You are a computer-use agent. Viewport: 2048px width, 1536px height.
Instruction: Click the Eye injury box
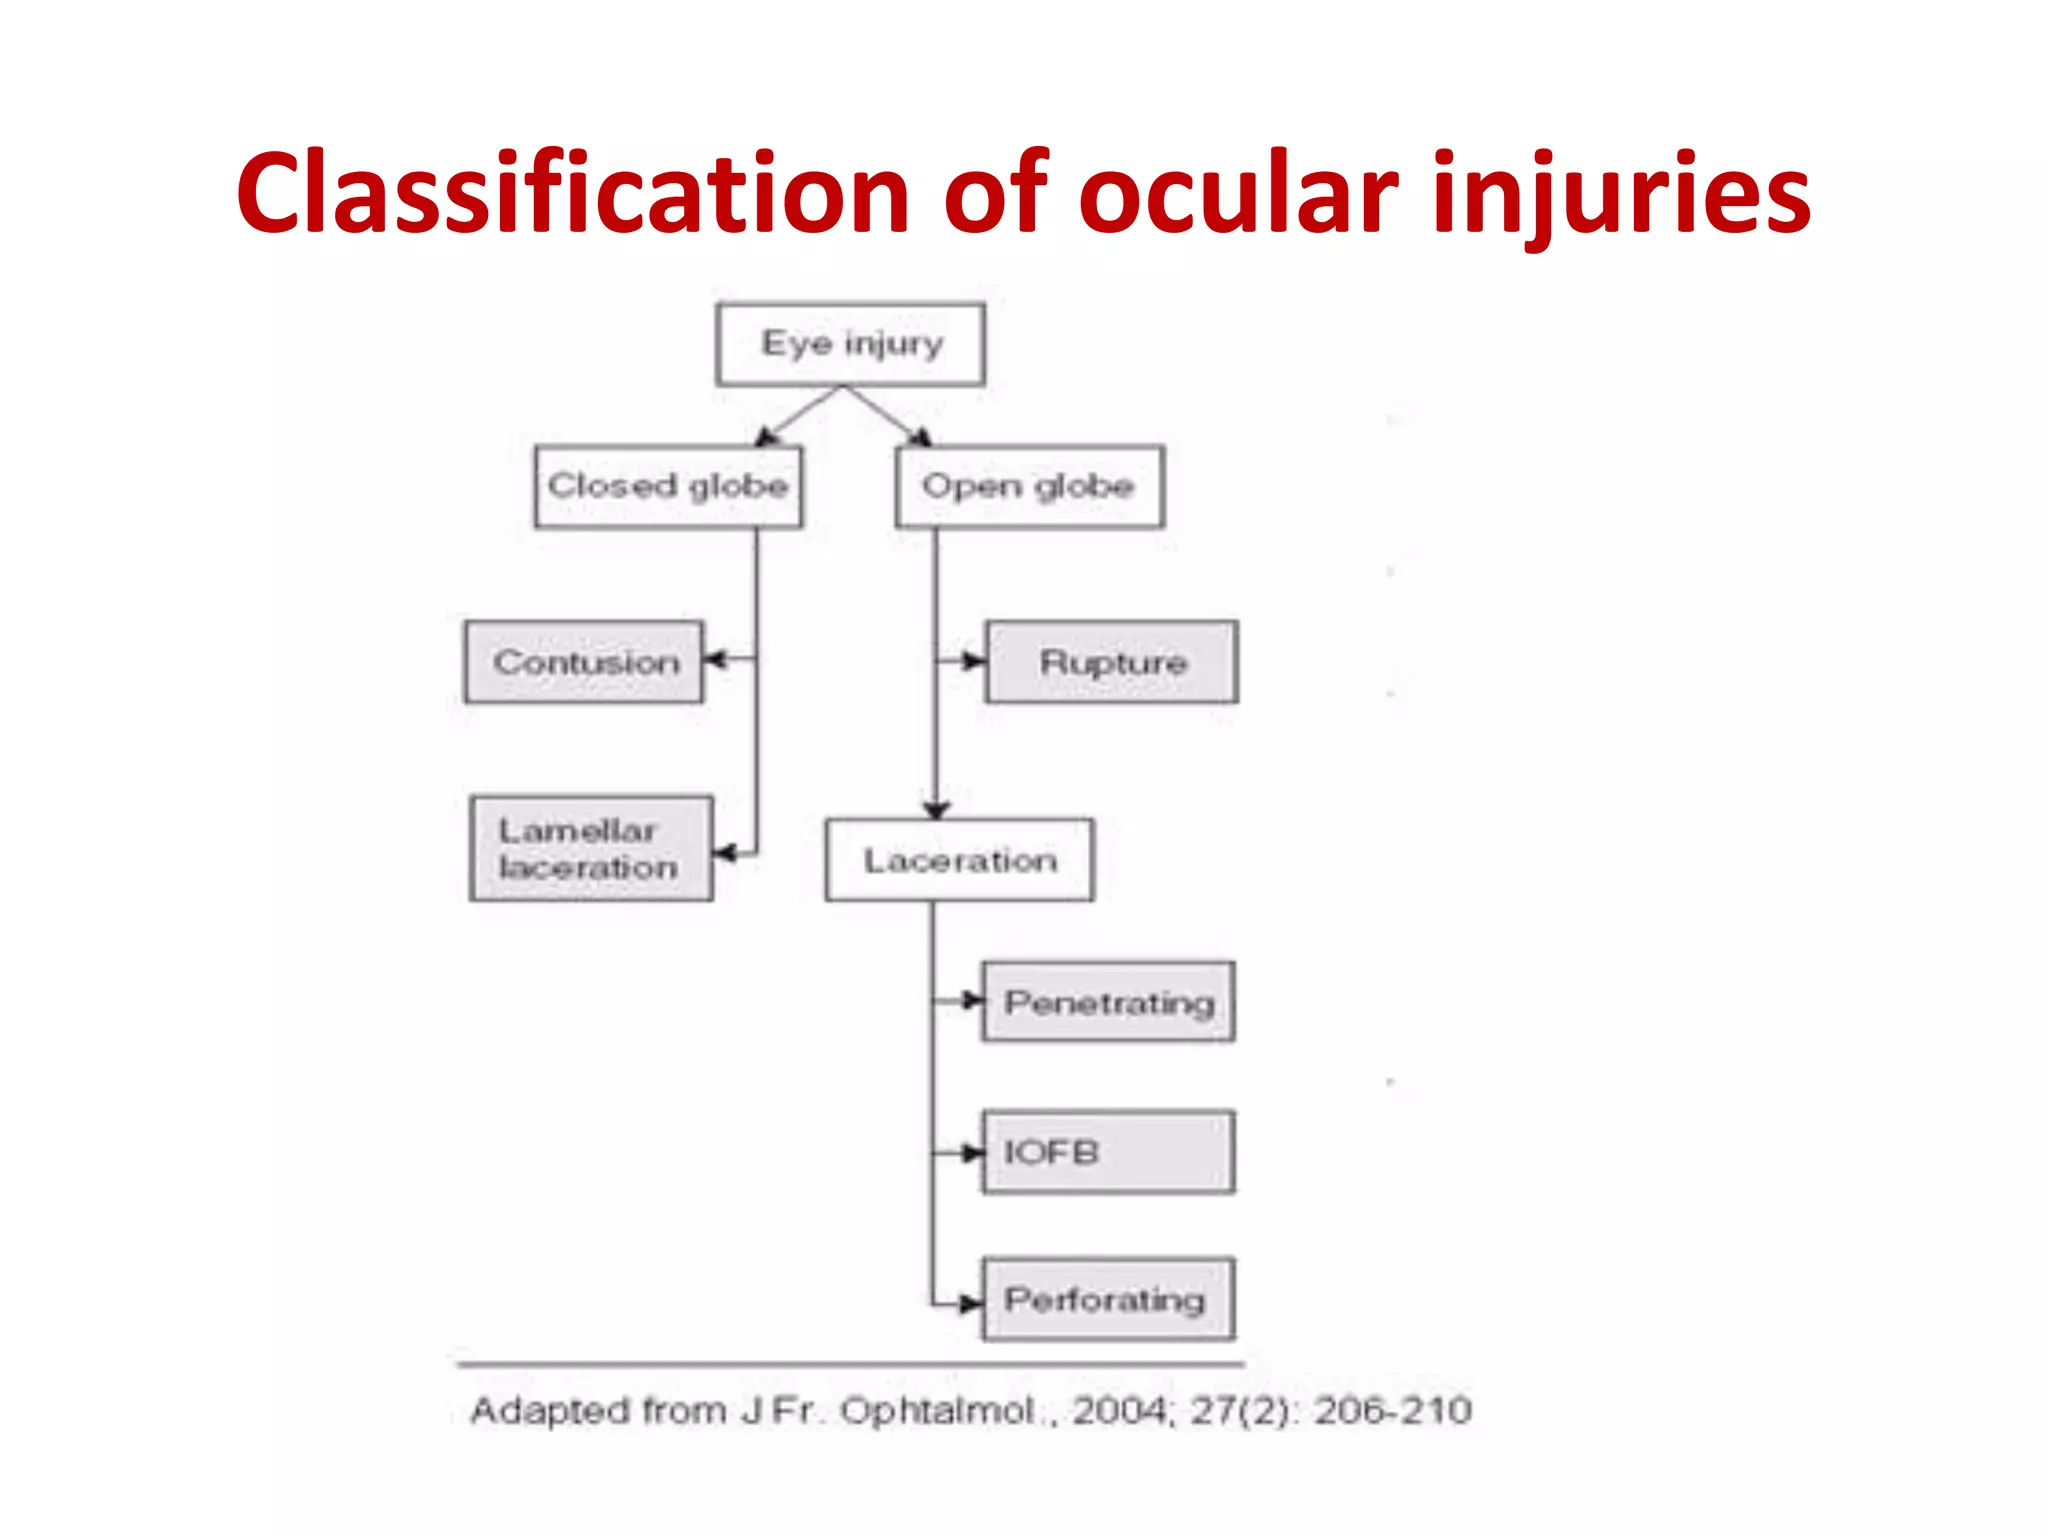click(x=850, y=344)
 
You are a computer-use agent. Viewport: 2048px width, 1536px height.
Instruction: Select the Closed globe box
click(x=668, y=486)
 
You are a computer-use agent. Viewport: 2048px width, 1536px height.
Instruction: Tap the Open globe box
click(x=1029, y=486)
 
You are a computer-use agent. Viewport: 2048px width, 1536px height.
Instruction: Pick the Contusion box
click(x=584, y=662)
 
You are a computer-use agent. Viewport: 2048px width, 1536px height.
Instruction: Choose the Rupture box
click(x=1111, y=662)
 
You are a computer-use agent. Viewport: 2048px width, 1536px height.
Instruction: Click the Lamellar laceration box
click(x=591, y=849)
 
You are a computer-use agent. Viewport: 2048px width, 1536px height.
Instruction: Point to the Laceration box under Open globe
click(x=959, y=861)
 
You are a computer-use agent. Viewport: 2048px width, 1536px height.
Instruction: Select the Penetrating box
click(x=1108, y=1002)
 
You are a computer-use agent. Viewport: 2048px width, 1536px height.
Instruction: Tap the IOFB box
click(x=1108, y=1152)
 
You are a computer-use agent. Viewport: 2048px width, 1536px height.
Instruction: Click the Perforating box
click(x=1108, y=1299)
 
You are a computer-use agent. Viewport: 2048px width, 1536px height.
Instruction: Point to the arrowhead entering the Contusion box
click(x=714, y=659)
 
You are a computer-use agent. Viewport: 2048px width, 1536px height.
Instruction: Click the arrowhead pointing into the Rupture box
click(x=973, y=660)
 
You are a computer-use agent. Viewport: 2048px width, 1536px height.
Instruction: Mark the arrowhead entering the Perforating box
click(x=970, y=1303)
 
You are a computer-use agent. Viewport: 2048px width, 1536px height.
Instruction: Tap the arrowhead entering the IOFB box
click(x=970, y=1153)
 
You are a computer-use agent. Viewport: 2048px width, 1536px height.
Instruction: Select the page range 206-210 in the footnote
click(x=1392, y=1411)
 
